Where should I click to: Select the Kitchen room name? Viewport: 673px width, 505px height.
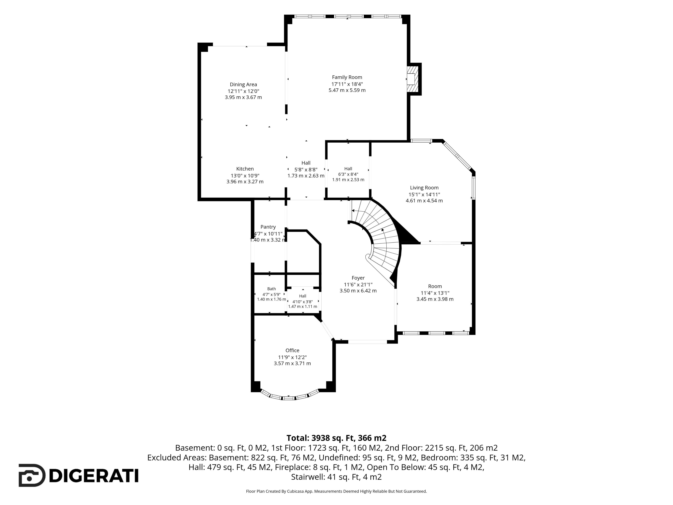[x=245, y=169]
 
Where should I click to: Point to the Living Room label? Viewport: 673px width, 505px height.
[x=424, y=188]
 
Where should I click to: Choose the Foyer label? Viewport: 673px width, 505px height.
[x=358, y=278]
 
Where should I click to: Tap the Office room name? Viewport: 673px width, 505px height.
[x=292, y=350]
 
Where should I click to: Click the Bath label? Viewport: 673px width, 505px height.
[x=272, y=289]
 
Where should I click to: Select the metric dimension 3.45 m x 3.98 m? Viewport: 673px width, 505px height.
[x=435, y=299]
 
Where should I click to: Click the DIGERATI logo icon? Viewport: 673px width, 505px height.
[x=32, y=476]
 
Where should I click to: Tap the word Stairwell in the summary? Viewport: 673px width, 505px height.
[x=308, y=477]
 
